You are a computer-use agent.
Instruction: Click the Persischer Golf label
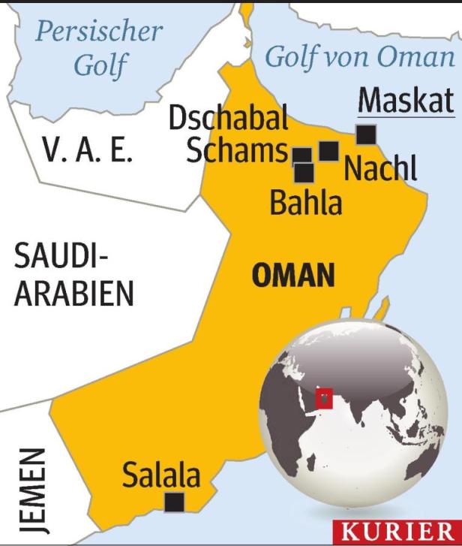(x=99, y=48)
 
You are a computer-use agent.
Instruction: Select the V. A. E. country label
(x=88, y=152)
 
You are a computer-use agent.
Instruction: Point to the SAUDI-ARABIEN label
(x=73, y=276)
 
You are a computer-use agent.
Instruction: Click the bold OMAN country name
(x=292, y=276)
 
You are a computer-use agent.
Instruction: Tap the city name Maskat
(x=406, y=101)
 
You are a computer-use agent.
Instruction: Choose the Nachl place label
(x=379, y=170)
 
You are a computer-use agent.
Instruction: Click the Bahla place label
(x=305, y=203)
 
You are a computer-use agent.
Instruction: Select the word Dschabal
(x=229, y=119)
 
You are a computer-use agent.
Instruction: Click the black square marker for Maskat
(x=365, y=134)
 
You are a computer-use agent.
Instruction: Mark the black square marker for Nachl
(x=328, y=151)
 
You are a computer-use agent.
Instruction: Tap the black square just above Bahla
(x=304, y=173)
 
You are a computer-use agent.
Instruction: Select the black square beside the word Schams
(x=301, y=155)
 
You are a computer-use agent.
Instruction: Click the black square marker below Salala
(x=175, y=502)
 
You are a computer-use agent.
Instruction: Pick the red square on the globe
(x=324, y=398)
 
